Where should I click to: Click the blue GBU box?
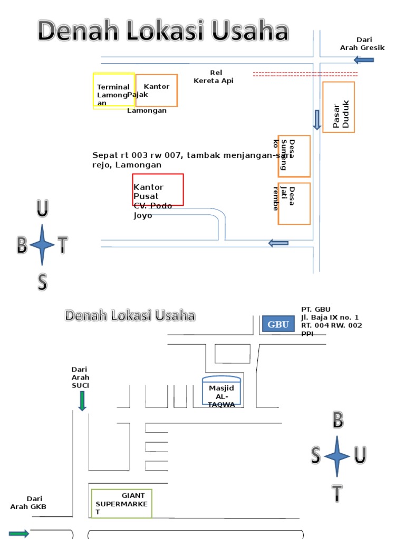pos(278,324)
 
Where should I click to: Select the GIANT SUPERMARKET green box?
pos(122,504)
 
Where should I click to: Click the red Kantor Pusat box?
pos(158,189)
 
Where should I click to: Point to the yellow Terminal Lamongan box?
pos(114,91)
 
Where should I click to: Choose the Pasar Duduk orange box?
pos(339,107)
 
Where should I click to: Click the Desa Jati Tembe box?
pos(294,204)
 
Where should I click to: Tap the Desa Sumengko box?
pos(294,156)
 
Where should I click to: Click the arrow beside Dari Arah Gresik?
pos(364,59)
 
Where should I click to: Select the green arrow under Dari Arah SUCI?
pos(82,401)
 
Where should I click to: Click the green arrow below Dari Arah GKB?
pos(19,534)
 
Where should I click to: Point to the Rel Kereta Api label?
pos(214,77)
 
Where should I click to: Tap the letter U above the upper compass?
pos(42,209)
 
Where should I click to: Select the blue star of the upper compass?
pos(42,245)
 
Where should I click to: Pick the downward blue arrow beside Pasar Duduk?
pos(316,119)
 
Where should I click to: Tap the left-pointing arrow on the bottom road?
pos(278,243)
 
